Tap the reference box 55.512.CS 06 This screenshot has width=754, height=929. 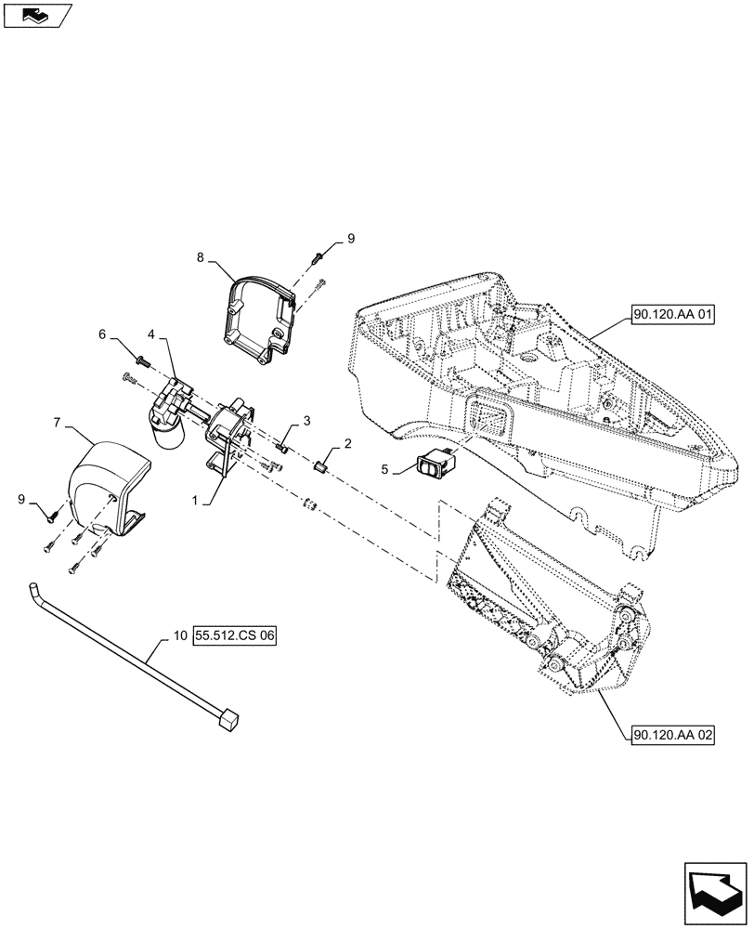tap(236, 637)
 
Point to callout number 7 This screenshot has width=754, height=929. tap(57, 422)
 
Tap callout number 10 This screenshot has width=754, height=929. tap(179, 637)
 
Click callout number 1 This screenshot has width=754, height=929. tap(197, 500)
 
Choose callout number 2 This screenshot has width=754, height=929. tap(347, 444)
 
